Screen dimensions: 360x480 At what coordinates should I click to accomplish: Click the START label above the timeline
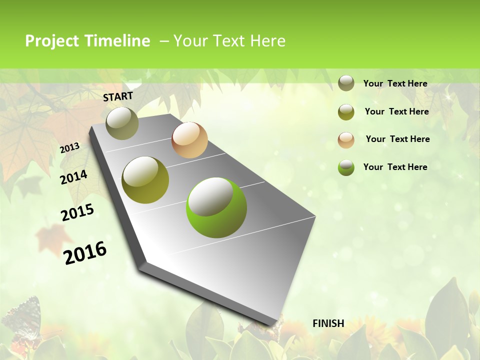[x=118, y=96]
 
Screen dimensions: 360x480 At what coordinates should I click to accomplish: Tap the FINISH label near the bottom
[x=328, y=323]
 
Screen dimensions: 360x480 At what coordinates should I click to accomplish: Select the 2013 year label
[x=70, y=147]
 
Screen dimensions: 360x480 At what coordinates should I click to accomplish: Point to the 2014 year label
[x=74, y=177]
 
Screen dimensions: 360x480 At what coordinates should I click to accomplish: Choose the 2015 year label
[x=77, y=212]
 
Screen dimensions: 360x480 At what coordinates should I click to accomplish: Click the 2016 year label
[x=85, y=252]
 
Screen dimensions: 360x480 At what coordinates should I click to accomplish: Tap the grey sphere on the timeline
[x=122, y=123]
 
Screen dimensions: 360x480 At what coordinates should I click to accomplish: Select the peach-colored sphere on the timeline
[x=189, y=140]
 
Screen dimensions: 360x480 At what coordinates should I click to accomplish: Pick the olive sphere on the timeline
[x=145, y=180]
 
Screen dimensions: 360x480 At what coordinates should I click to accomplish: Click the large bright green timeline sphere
[x=216, y=207]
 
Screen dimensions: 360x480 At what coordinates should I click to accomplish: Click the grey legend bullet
[x=346, y=83]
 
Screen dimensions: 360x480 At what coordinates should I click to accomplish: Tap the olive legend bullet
[x=346, y=112]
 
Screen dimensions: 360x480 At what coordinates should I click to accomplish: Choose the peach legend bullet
[x=346, y=139]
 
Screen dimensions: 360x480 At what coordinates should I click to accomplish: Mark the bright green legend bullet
[x=346, y=167]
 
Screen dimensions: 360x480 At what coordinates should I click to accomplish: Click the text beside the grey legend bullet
[x=395, y=84]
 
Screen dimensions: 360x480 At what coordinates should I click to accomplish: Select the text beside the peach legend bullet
[x=398, y=139]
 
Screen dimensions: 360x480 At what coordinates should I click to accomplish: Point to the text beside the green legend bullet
[x=395, y=167]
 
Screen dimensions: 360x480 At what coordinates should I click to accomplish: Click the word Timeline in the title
[x=117, y=41]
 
